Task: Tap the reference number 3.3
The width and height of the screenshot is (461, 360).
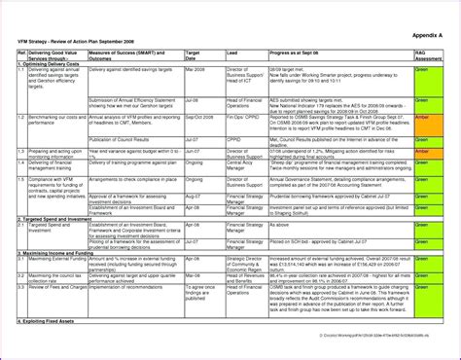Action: [x=21, y=288]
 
